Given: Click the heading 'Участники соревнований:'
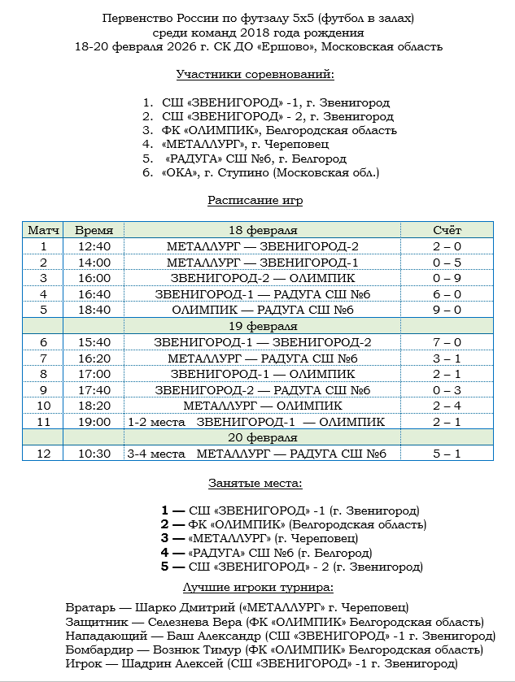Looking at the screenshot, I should [256, 75].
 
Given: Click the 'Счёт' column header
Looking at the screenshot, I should [447, 231].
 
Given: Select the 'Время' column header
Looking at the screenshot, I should [94, 231].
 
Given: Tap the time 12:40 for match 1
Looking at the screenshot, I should [94, 246].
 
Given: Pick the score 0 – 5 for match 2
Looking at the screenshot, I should [447, 262].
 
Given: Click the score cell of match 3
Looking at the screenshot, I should [447, 278].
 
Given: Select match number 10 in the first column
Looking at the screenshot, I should [44, 406].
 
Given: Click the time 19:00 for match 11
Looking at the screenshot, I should [94, 422].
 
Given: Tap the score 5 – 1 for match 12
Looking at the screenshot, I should [447, 454].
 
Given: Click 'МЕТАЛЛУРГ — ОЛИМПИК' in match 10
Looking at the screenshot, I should [262, 406].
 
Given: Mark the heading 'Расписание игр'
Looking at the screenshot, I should [255, 200].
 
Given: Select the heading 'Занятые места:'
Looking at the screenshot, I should [255, 483].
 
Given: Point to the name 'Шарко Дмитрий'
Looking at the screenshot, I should [172, 607].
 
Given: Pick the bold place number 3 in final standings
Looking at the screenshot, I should [166, 538].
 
